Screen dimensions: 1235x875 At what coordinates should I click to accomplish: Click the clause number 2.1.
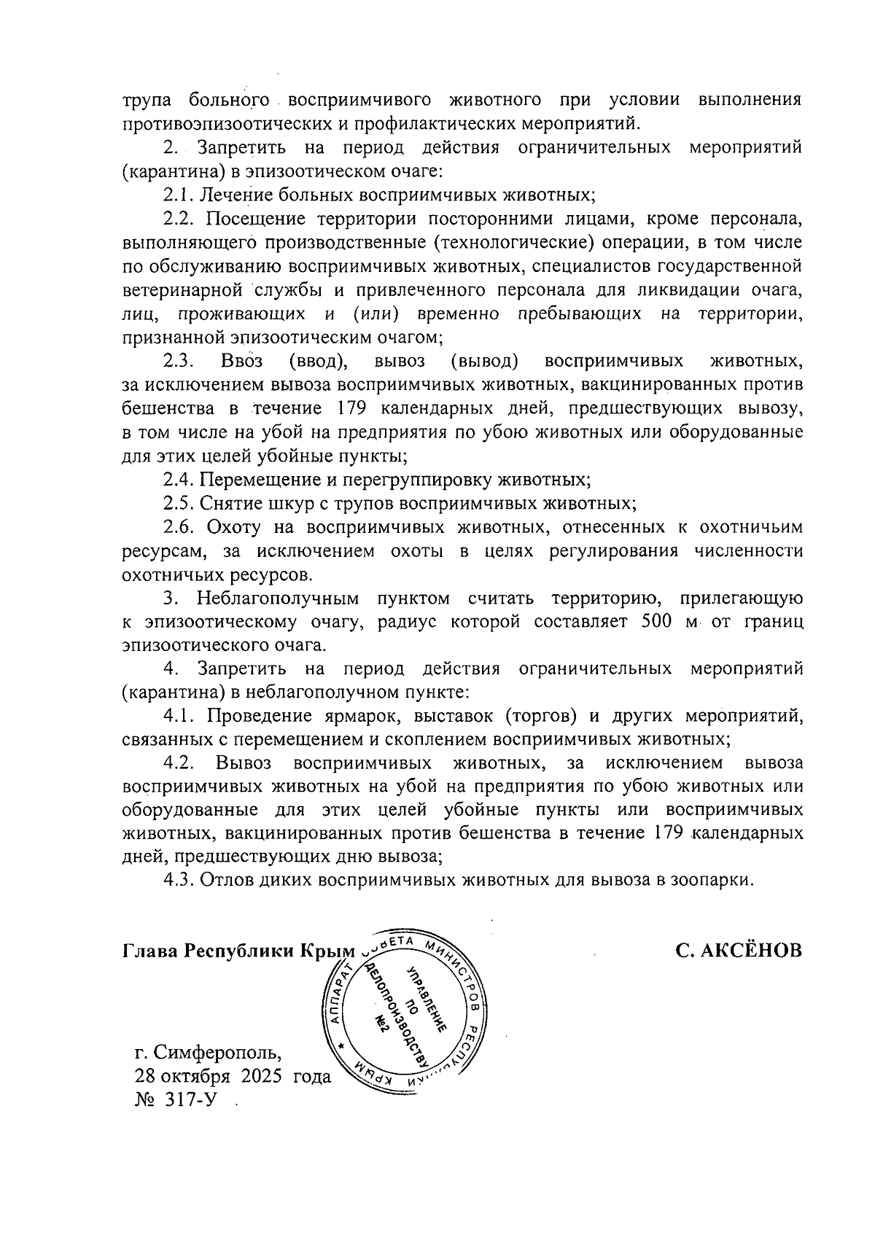click(178, 195)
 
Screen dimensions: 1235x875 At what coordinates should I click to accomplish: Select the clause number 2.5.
click(178, 504)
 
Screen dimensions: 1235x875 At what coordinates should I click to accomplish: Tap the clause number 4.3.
click(178, 880)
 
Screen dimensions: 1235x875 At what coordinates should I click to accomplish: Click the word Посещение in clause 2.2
click(252, 219)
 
